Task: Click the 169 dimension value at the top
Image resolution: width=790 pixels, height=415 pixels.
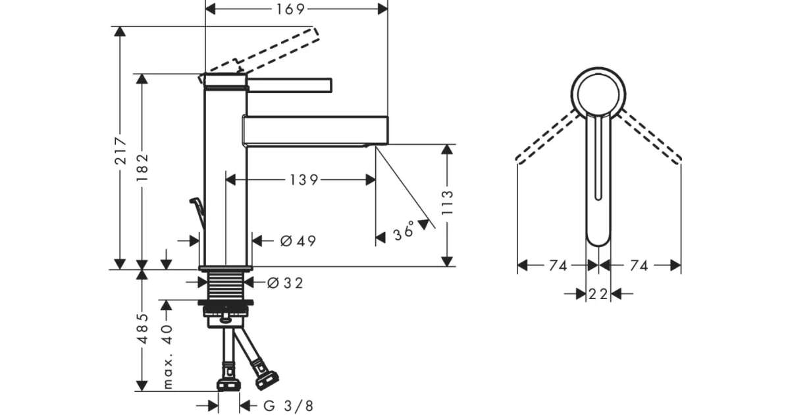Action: pos(290,9)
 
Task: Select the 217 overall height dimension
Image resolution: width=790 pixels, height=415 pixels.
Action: pos(120,151)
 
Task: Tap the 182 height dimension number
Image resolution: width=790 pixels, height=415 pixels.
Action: pos(142,167)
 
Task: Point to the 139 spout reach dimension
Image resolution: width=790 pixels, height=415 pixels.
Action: pos(304,180)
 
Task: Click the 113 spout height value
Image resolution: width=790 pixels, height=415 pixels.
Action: pos(447,202)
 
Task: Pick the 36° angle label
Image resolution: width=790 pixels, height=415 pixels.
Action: pos(404,232)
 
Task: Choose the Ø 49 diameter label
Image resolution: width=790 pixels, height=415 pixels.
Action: pos(298,241)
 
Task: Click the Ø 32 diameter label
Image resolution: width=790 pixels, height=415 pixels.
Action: pos(285,283)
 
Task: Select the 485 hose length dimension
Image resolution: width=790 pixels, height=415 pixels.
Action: pos(142,329)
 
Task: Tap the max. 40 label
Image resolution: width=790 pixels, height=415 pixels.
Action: pos(167,357)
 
